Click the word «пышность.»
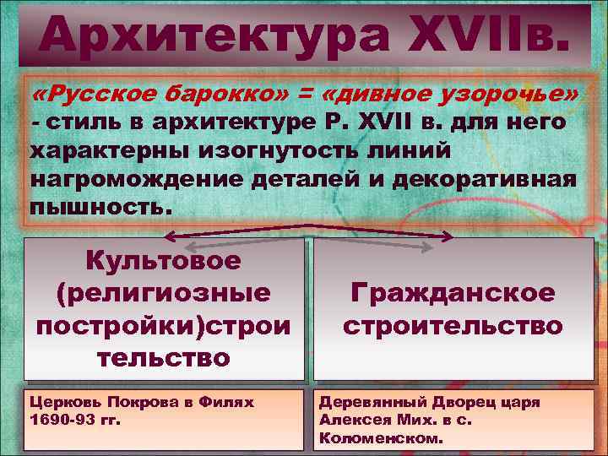99,206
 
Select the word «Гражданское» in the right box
453,293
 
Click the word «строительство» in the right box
453,325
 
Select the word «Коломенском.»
379,439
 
